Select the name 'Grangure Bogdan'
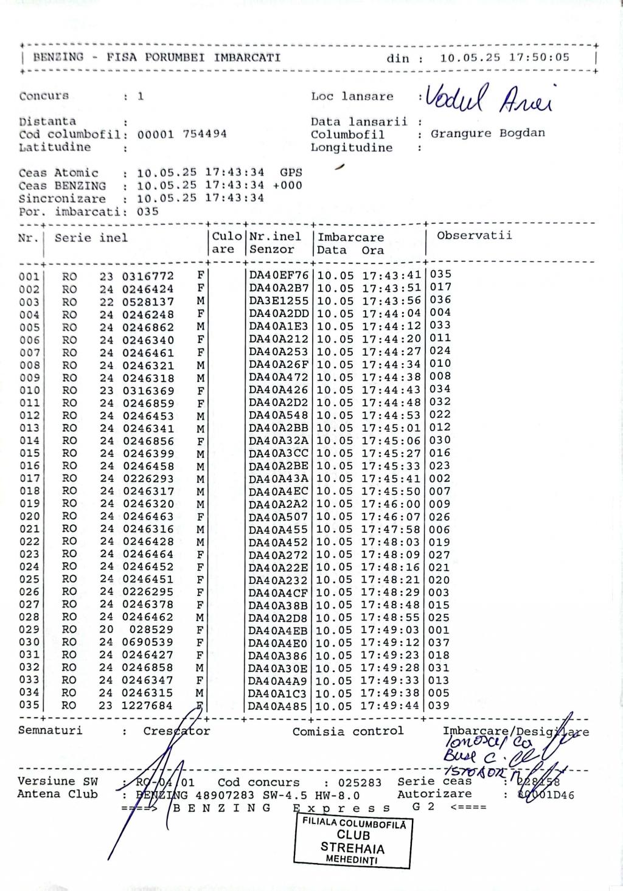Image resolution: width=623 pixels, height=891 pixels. point(487,134)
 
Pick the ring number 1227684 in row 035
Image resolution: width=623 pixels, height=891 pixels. point(148,706)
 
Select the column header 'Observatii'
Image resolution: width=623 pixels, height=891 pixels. point(475,236)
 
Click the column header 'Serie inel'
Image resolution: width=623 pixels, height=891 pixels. point(91,238)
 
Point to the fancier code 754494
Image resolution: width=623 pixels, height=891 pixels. point(204,134)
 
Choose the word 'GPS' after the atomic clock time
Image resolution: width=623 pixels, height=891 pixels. point(291,173)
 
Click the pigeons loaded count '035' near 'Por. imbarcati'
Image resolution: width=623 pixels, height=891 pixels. point(147,212)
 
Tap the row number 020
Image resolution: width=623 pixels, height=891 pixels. point(29,516)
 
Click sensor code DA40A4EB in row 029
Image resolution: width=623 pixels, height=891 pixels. point(279,630)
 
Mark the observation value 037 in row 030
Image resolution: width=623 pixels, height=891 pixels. point(439,642)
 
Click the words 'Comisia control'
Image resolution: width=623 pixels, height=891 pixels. point(347,731)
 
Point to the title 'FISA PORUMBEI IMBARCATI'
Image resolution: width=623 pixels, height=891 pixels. point(193,58)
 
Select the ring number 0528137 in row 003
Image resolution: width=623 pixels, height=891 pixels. point(148,302)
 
